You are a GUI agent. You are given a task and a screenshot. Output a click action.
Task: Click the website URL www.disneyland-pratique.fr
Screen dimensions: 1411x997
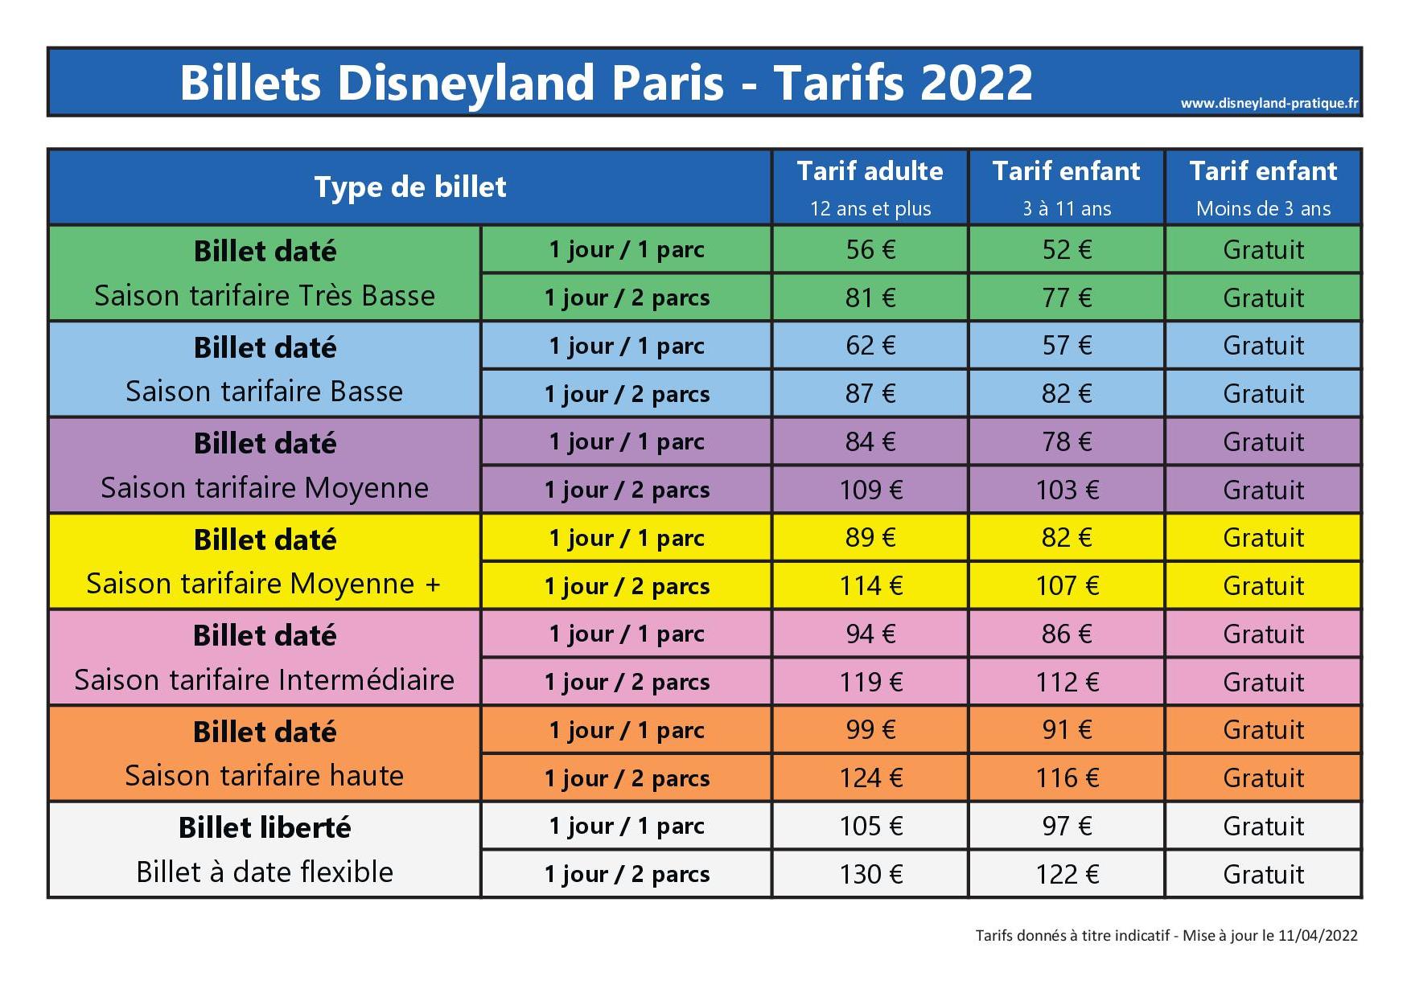(1269, 103)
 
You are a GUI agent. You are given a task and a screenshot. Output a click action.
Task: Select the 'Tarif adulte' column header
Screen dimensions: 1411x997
(870, 171)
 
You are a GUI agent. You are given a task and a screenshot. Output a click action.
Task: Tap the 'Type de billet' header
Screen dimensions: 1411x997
(410, 187)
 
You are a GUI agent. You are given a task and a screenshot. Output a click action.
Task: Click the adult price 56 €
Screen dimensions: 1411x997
(870, 249)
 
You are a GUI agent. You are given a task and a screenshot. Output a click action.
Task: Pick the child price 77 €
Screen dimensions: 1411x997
(1067, 297)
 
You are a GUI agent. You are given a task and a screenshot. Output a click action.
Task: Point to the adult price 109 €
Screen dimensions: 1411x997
(870, 490)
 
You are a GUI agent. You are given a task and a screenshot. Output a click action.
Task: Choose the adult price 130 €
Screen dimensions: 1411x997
(870, 874)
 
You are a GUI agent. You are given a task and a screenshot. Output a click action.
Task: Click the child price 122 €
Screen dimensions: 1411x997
(1067, 874)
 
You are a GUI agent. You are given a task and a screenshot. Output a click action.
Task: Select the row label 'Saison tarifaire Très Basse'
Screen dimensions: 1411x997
(265, 296)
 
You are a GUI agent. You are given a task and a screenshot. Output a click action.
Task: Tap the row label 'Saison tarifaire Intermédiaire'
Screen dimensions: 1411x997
(265, 680)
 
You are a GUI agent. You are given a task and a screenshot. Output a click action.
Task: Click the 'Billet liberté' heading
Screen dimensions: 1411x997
(265, 827)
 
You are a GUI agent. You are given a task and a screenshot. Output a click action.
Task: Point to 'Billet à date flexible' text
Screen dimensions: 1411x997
(265, 872)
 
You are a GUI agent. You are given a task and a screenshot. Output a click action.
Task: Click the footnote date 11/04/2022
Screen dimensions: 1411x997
(1318, 935)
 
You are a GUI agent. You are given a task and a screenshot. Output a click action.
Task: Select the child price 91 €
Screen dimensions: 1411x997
(1067, 729)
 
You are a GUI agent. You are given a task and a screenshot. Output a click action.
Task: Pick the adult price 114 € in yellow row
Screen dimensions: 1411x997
(870, 585)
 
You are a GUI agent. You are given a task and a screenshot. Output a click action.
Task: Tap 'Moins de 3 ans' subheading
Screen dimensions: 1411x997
(1263, 209)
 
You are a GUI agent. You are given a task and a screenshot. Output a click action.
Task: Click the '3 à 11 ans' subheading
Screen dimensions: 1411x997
(1067, 209)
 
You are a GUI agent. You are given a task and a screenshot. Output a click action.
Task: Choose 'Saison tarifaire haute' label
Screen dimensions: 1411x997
(265, 776)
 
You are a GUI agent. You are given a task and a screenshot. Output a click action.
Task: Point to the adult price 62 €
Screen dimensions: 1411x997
(870, 346)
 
